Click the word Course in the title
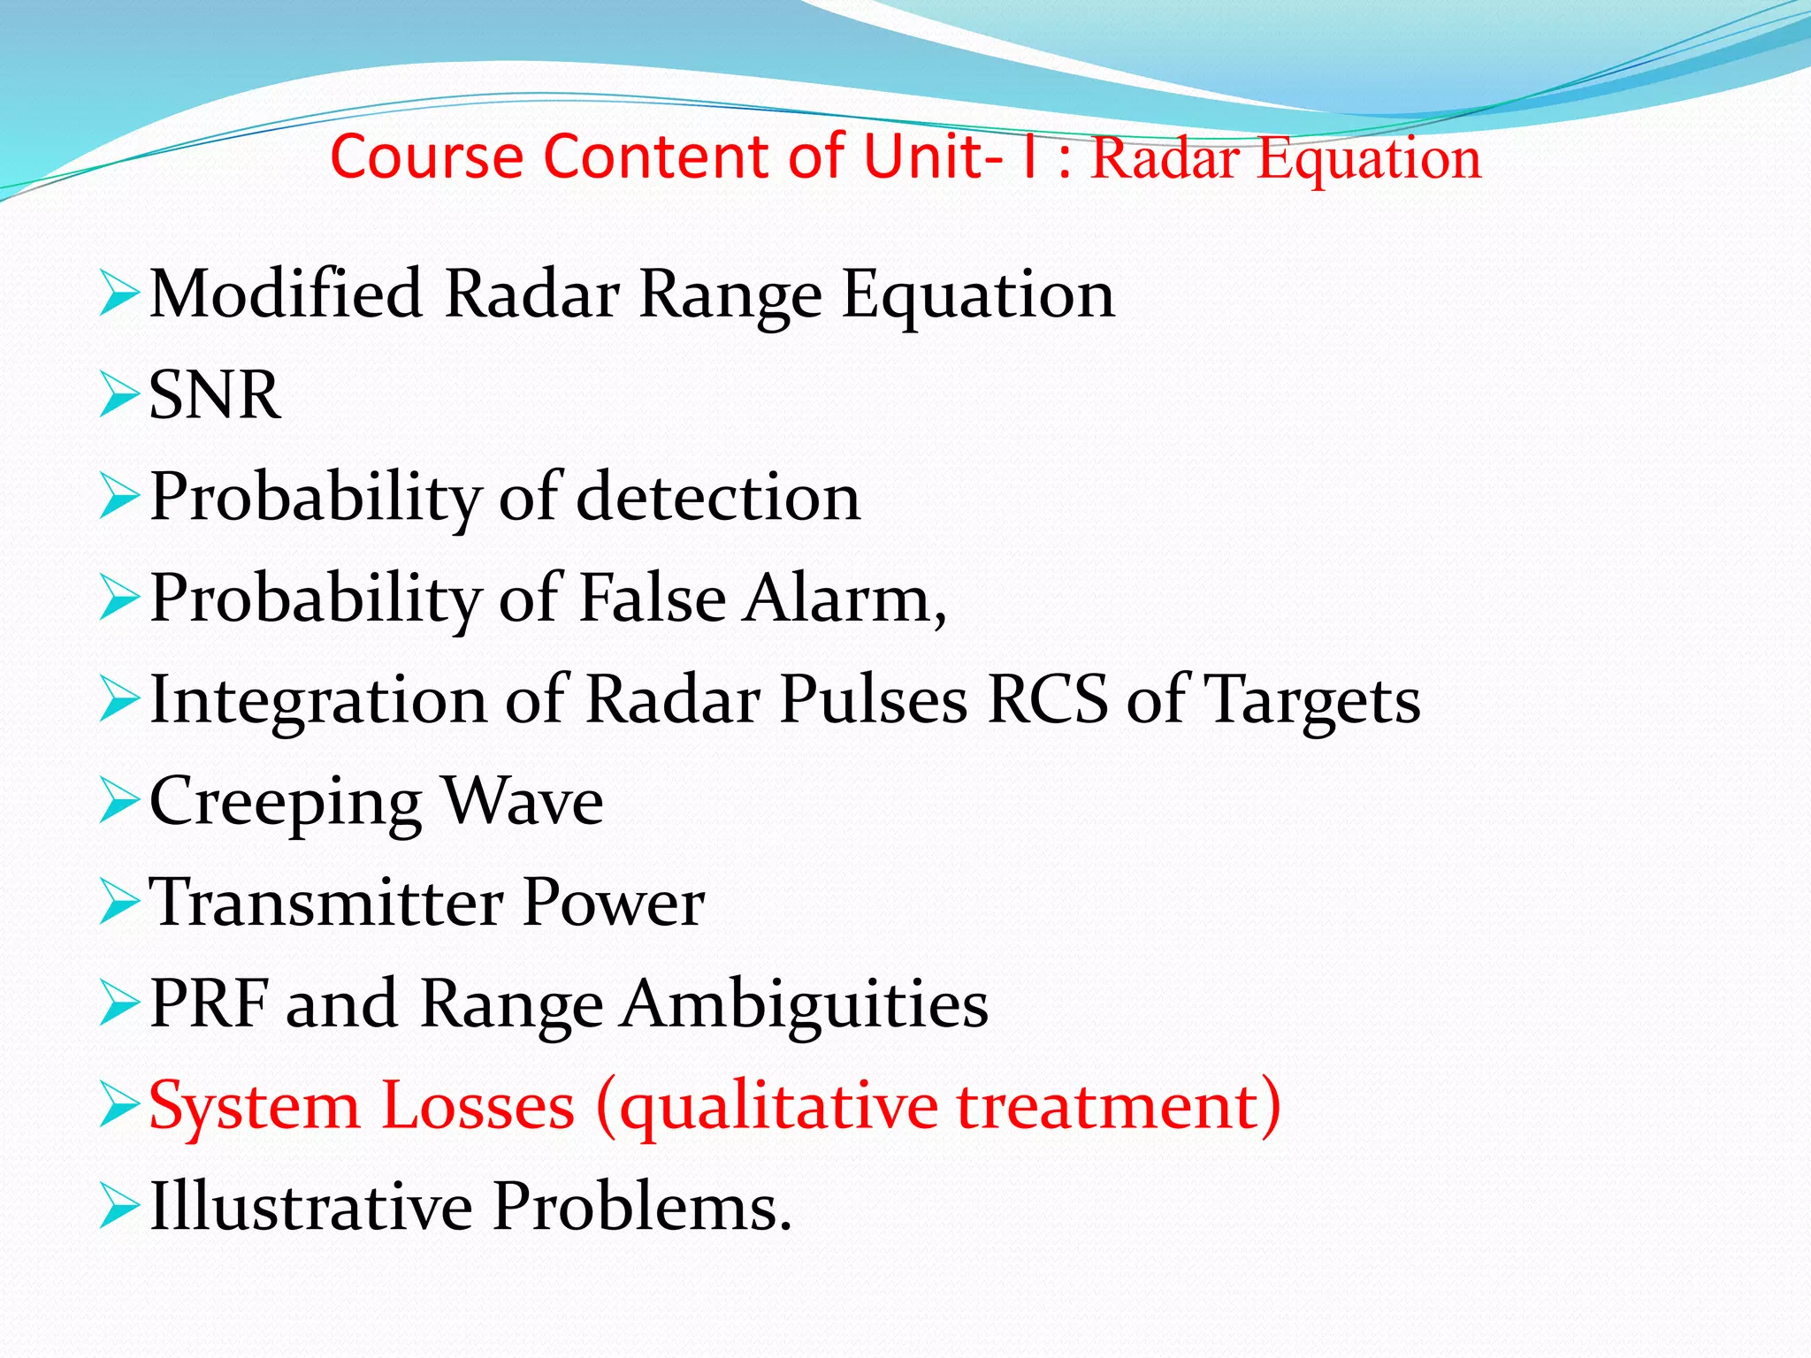click(427, 156)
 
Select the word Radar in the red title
click(1165, 159)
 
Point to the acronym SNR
click(215, 395)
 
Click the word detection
click(718, 497)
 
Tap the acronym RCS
click(1047, 700)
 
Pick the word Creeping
click(286, 803)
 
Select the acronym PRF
click(210, 1004)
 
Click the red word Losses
click(478, 1106)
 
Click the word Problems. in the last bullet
click(642, 1207)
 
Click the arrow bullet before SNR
click(119, 395)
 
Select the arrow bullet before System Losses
click(119, 1106)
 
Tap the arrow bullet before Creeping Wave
click(119, 801)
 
